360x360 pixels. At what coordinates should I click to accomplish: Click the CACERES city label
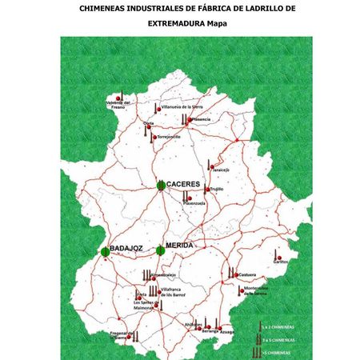coord(183,184)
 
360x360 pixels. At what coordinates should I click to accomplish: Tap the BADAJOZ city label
coord(126,249)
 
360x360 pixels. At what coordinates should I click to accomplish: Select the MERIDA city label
coord(179,245)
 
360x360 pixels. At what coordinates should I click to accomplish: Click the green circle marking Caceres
coord(161,186)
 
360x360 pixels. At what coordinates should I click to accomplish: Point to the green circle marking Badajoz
coord(106,252)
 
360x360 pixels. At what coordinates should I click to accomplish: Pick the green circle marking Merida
coord(161,250)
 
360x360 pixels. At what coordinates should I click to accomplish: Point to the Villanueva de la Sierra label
coord(183,106)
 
